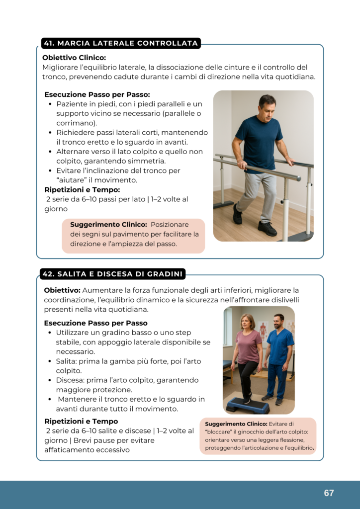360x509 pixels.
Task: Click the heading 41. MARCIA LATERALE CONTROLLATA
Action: click(x=121, y=44)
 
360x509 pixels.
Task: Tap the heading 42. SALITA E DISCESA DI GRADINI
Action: click(x=113, y=274)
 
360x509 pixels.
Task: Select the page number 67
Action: click(x=329, y=493)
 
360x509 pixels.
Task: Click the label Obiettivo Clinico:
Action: click(x=74, y=58)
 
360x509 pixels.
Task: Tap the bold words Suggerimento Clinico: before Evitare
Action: click(x=236, y=424)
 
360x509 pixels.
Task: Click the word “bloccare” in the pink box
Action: click(x=218, y=432)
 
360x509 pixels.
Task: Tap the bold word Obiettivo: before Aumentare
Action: click(x=62, y=290)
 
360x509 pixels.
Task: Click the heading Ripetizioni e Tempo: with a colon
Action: click(x=82, y=189)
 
